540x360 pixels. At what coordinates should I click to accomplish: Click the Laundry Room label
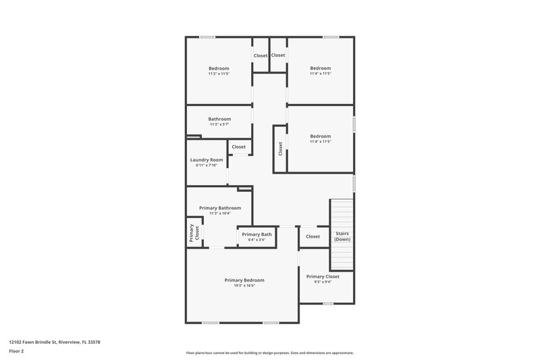[x=207, y=160]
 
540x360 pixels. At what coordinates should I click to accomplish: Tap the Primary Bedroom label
[x=244, y=280]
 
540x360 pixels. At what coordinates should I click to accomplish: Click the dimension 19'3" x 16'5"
[x=244, y=286]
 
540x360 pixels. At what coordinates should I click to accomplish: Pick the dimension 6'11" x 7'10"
[x=207, y=165]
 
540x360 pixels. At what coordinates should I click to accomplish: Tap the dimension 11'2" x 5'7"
[x=219, y=124]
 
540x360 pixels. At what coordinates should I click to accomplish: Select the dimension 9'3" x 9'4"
[x=323, y=282]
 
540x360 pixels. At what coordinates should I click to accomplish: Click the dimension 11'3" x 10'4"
[x=220, y=213]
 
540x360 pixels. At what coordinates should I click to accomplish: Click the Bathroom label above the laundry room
[x=219, y=119]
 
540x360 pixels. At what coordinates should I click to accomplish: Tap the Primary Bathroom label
[x=220, y=208]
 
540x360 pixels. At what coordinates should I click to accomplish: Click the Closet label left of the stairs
[x=313, y=236]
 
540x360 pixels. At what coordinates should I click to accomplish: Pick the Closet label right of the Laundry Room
[x=239, y=147]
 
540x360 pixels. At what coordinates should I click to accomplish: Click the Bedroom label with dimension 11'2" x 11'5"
[x=219, y=68]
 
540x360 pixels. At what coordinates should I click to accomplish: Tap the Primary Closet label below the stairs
[x=323, y=276]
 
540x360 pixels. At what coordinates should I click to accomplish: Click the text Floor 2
[x=16, y=351]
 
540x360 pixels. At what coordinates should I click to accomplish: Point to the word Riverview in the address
[x=70, y=342]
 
